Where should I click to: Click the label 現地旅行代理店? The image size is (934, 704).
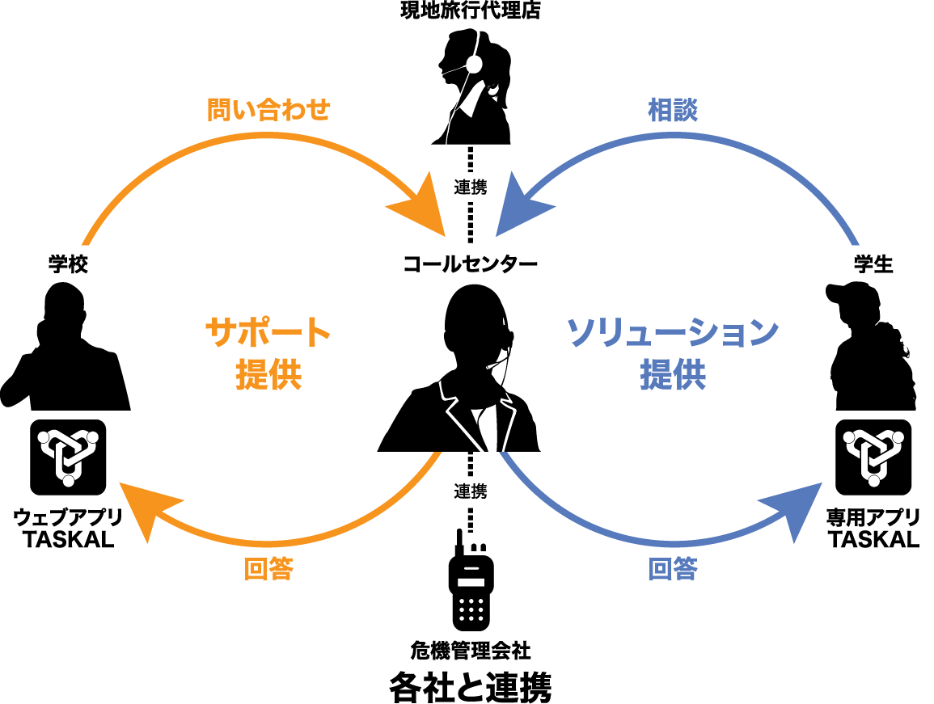(470, 11)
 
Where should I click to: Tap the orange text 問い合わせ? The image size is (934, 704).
(268, 110)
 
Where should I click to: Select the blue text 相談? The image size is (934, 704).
(673, 110)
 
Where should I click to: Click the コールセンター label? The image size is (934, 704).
(470, 263)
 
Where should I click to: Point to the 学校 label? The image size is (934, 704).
(68, 263)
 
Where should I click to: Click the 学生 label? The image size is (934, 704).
(873, 263)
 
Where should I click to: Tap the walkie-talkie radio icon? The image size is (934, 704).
(471, 580)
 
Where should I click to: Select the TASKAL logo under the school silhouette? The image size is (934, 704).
(68, 457)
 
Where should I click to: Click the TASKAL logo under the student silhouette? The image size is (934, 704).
(873, 457)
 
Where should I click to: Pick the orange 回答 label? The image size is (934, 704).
(268, 569)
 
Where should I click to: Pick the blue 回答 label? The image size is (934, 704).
(673, 569)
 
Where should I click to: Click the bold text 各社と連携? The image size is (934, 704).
(470, 687)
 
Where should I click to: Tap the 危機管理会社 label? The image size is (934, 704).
(470, 651)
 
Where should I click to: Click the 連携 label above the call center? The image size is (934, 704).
(471, 187)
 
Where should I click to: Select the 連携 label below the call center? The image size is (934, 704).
(471, 491)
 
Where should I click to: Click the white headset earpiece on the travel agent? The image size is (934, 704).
(474, 64)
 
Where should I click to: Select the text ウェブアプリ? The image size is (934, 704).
(68, 517)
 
